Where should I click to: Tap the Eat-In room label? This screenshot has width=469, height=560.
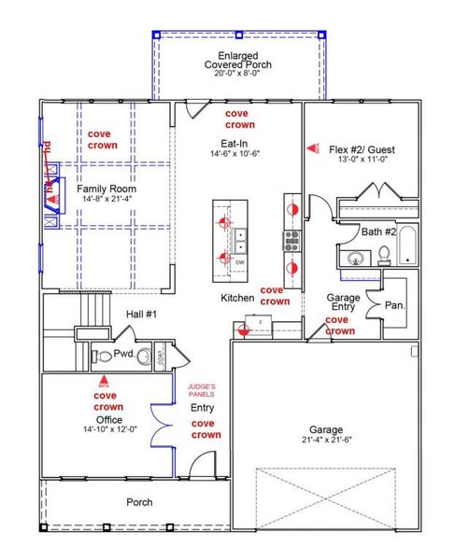tap(234, 143)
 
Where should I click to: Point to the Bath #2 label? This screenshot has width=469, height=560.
tap(356, 231)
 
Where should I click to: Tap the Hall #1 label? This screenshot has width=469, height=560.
tap(139, 315)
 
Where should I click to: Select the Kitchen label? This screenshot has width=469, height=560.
tap(237, 298)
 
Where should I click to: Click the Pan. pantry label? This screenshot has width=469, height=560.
tap(394, 304)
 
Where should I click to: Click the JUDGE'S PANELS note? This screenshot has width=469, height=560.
tap(202, 390)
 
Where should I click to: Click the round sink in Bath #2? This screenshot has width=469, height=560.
tap(355, 259)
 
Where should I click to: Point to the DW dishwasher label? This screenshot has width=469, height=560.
tap(240, 263)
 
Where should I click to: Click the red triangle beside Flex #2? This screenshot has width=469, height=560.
tap(311, 148)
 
